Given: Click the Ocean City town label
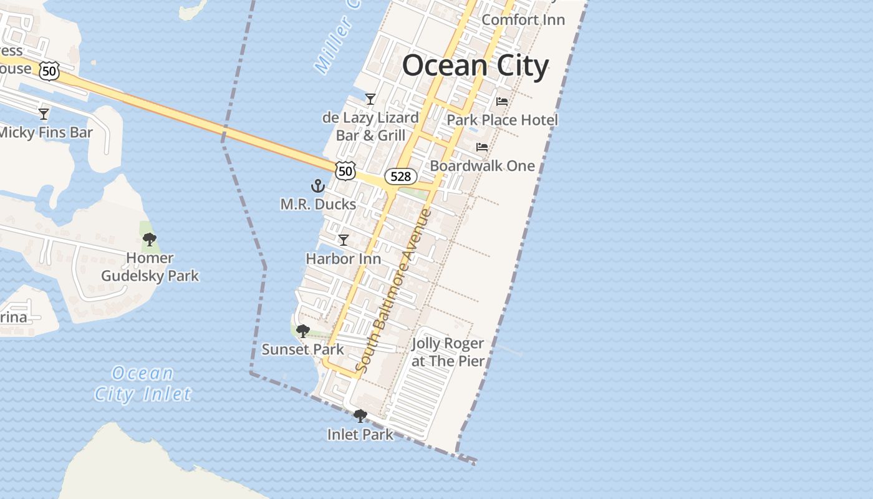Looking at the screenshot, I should (475, 65).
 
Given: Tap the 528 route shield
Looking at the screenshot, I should (400, 177).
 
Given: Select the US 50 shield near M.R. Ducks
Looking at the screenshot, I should (345, 170).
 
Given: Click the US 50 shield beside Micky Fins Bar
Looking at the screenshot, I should (49, 70).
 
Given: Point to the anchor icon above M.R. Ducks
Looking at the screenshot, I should (318, 186).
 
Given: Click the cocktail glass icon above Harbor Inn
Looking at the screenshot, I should (343, 240).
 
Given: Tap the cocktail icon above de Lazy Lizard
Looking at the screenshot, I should (370, 99).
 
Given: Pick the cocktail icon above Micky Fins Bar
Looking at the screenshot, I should (44, 114).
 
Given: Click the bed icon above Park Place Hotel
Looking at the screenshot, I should (502, 101).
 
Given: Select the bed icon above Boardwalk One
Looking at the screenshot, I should (482, 147).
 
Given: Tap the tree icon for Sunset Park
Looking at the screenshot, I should (303, 331).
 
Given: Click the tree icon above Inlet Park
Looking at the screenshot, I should (360, 416).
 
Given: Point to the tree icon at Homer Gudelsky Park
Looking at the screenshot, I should (149, 240).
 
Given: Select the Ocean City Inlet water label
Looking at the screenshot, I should (143, 384).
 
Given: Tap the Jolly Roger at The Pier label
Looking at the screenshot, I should (448, 352).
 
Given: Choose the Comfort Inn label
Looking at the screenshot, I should (523, 19).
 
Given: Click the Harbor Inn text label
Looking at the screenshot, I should (343, 258).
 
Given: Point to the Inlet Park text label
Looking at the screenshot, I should (360, 434).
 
